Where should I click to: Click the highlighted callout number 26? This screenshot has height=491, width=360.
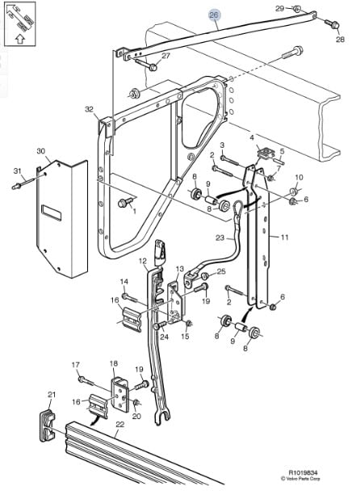214,15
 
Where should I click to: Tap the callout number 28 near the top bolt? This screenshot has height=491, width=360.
340,39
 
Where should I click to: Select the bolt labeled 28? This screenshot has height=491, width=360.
332,23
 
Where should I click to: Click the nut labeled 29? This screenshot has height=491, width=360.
297,8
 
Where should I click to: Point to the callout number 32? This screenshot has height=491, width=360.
90,109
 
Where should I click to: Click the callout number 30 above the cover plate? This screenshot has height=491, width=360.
40,151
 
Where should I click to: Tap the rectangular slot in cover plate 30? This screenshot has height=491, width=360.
52,213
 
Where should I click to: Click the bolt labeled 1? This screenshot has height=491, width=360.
124,203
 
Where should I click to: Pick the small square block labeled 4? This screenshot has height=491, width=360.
266,153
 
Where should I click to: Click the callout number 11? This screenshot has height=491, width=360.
284,237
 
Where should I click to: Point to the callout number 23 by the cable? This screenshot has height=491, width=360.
220,237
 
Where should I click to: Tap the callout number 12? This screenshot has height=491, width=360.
143,261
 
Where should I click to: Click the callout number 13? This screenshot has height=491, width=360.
180,269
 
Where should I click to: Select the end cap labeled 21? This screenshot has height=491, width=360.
48,425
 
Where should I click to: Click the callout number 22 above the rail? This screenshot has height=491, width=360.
120,424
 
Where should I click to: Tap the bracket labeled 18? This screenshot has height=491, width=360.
119,394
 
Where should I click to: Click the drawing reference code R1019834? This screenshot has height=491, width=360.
300,472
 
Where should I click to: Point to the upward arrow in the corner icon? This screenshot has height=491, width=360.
19,39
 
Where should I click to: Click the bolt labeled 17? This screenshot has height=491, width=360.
87,382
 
